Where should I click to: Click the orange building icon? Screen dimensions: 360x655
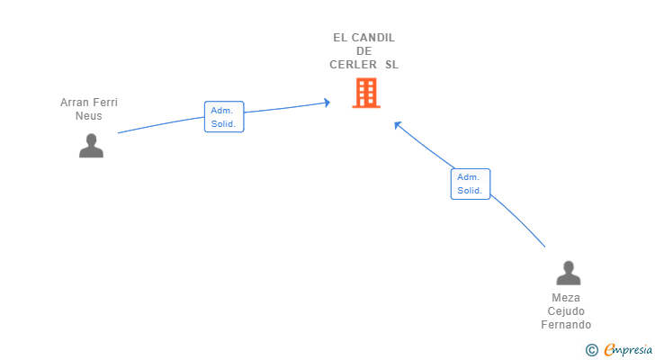click(x=365, y=93)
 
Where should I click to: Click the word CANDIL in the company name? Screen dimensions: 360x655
click(x=373, y=38)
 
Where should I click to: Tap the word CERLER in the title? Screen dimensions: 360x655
click(x=354, y=65)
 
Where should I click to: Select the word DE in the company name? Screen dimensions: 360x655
click(x=363, y=51)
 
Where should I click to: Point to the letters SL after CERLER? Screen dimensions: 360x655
click(x=391, y=65)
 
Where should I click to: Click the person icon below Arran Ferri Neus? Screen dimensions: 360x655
click(x=91, y=145)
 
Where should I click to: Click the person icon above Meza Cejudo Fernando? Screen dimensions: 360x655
click(x=568, y=273)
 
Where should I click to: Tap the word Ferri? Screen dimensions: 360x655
click(x=105, y=103)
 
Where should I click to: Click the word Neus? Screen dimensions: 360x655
click(x=89, y=116)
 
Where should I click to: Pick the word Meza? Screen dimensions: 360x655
click(x=567, y=298)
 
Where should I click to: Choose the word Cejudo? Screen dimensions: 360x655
click(x=567, y=311)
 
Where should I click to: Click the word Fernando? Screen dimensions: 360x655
click(x=567, y=325)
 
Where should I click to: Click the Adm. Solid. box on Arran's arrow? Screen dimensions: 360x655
click(x=223, y=117)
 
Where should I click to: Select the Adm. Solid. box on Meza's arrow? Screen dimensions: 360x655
click(x=470, y=184)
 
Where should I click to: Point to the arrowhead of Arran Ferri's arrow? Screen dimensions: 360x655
click(x=327, y=103)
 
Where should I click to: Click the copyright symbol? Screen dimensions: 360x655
click(x=592, y=350)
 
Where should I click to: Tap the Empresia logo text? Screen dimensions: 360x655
click(x=628, y=350)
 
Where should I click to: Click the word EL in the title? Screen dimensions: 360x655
click(x=340, y=38)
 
